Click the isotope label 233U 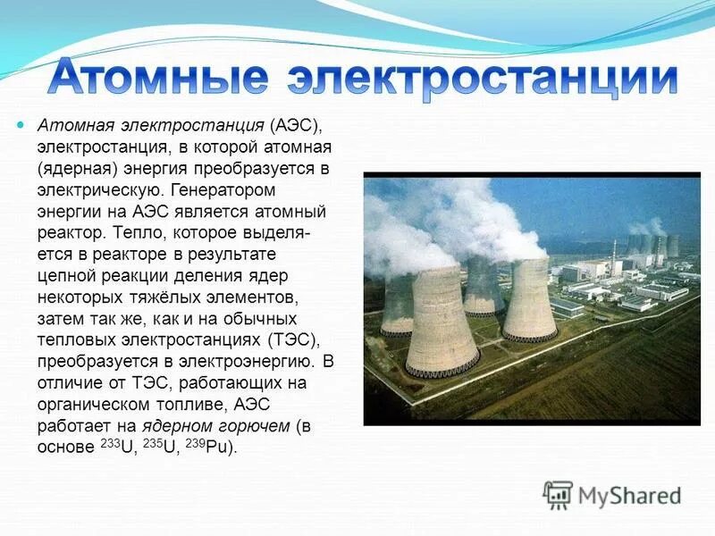pos(116,446)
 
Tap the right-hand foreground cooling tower pos(529,299)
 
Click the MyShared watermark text pos(630,494)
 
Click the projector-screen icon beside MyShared pos(558,494)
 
